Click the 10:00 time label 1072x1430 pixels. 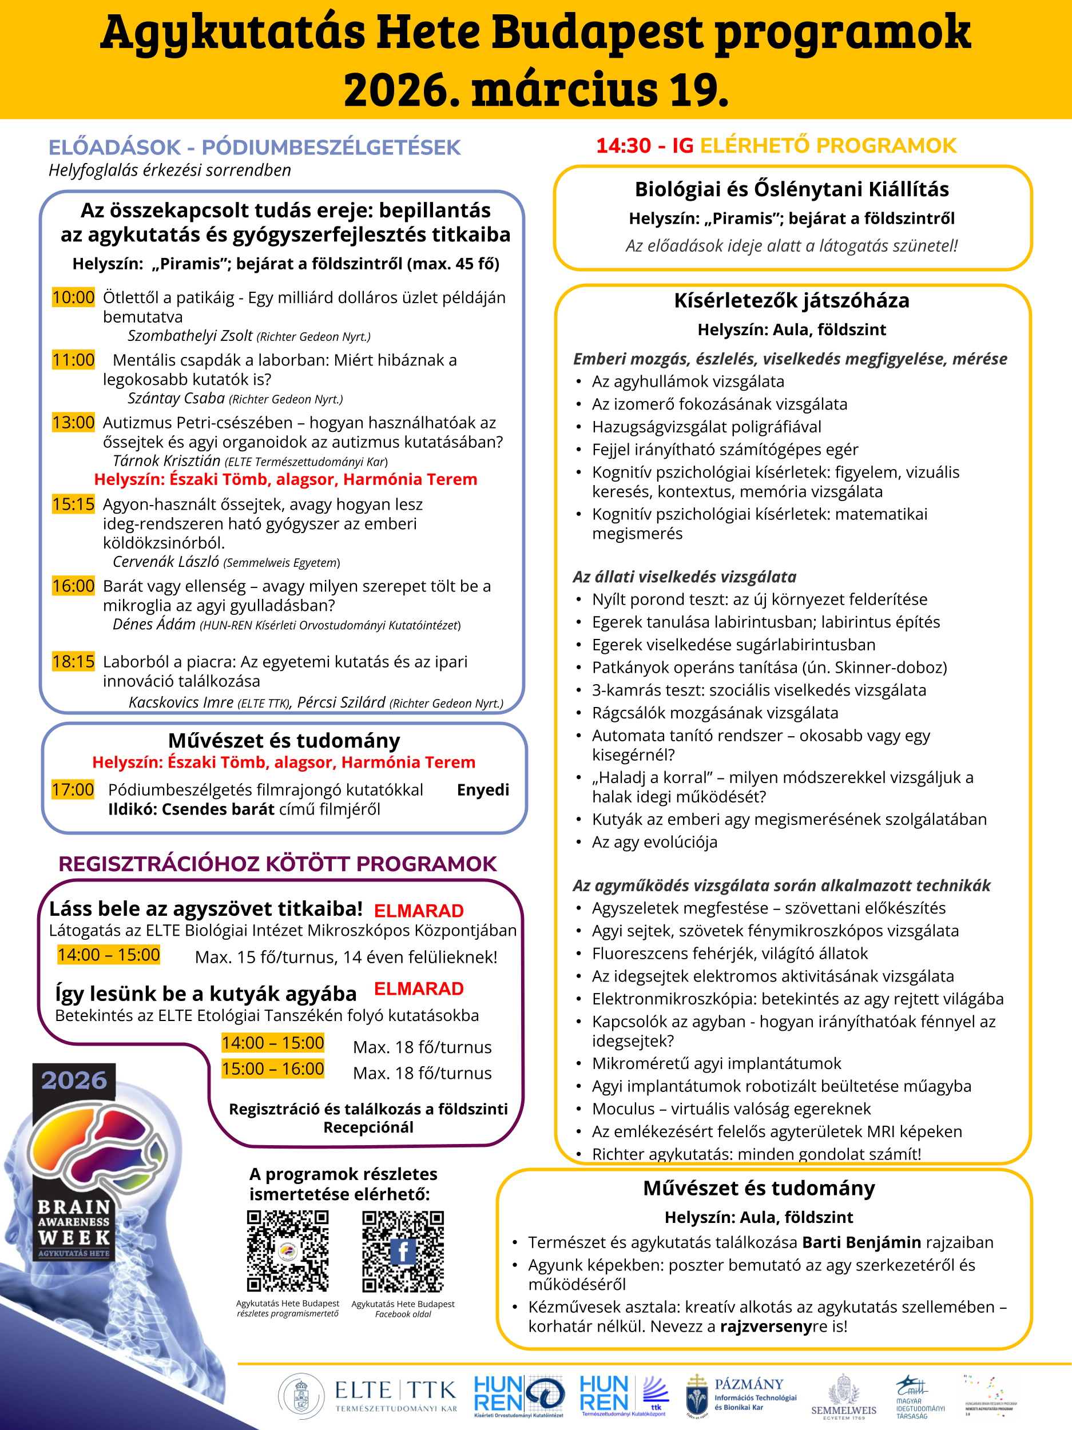pyautogui.click(x=73, y=297)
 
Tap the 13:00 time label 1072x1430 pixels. pyautogui.click(x=73, y=422)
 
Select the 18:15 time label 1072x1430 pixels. pyautogui.click(x=73, y=661)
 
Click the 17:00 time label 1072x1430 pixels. pyautogui.click(x=73, y=789)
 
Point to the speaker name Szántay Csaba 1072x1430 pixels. pyautogui.click(x=176, y=398)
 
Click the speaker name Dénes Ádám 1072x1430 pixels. pyautogui.click(x=154, y=624)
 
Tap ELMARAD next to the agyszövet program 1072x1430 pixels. pyautogui.click(x=418, y=911)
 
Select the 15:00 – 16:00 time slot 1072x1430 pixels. pyautogui.click(x=272, y=1068)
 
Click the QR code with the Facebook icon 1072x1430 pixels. pyautogui.click(x=403, y=1252)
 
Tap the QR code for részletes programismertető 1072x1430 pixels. pyautogui.click(x=288, y=1252)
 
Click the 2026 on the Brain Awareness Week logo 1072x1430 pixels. pyautogui.click(x=74, y=1081)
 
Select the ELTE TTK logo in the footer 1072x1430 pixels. pyautogui.click(x=367, y=1396)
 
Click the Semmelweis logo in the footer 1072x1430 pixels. pyautogui.click(x=844, y=1396)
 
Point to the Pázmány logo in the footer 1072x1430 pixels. pyautogui.click(x=741, y=1396)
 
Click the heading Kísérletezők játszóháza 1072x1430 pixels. pyautogui.click(x=791, y=301)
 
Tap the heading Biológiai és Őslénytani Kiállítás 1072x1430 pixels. pyautogui.click(x=791, y=189)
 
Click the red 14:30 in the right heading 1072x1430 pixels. pyautogui.click(x=624, y=145)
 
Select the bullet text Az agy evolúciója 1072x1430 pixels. pyautogui.click(x=654, y=842)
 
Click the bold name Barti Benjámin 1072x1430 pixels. pyautogui.click(x=861, y=1242)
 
